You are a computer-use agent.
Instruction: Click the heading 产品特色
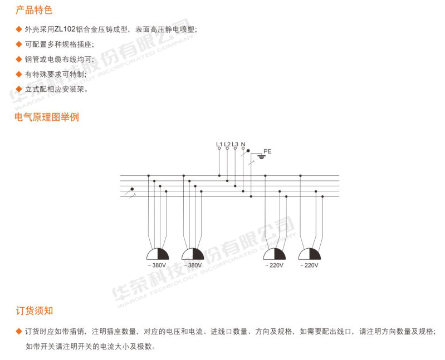click(34, 10)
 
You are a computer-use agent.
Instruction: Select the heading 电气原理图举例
click(47, 117)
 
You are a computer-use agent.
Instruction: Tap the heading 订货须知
click(34, 310)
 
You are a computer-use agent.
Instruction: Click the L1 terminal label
click(219, 144)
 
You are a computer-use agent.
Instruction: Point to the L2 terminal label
click(227, 144)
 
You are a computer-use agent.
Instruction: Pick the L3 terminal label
click(235, 144)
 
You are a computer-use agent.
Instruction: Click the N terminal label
click(243, 144)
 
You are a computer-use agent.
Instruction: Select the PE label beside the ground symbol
click(267, 151)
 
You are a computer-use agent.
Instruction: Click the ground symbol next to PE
click(261, 156)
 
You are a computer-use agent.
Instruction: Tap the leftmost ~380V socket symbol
click(158, 254)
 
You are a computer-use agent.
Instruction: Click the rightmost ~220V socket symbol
click(310, 254)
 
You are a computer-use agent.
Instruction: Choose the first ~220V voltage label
click(274, 265)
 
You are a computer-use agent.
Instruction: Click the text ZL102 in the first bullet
click(65, 29)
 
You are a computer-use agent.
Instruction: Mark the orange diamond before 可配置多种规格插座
click(19, 44)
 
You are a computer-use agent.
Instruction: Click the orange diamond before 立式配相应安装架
click(19, 89)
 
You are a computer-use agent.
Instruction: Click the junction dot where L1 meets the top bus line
click(219, 176)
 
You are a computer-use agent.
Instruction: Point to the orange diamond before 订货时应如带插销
click(19, 331)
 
